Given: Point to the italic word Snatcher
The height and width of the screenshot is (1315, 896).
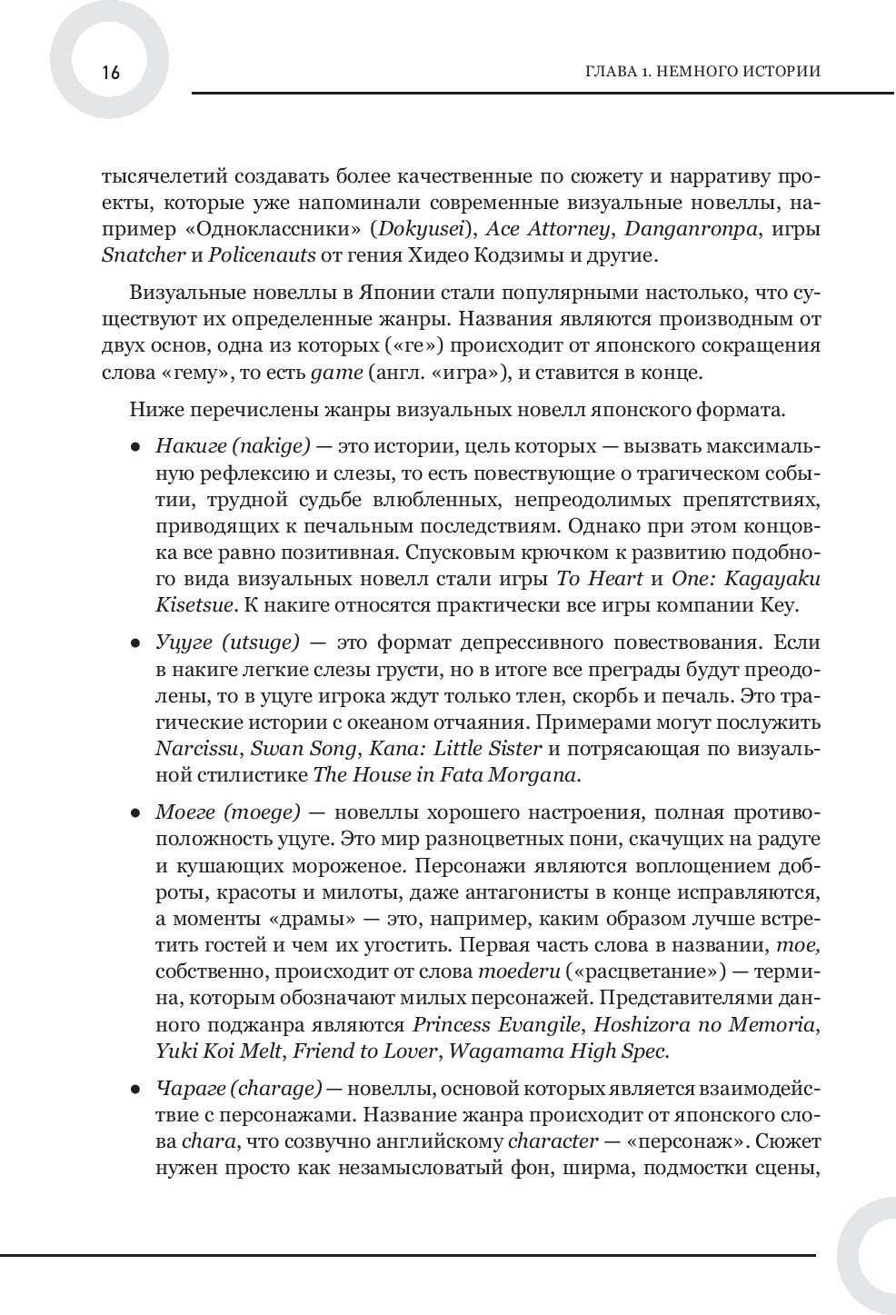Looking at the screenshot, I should tap(144, 254).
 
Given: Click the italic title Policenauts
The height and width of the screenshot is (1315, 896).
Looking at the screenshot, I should tap(262, 254).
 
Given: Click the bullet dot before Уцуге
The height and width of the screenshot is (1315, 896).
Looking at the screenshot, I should tap(135, 643).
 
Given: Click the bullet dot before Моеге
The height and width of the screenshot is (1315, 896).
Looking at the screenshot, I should tap(135, 813).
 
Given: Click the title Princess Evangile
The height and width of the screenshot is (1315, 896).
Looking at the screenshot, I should tap(496, 1024).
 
